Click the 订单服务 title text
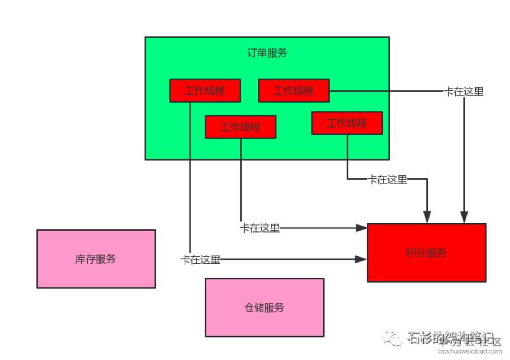tap(267, 53)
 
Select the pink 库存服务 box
tap(96, 258)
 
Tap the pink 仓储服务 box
tap(264, 307)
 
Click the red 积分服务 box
tap(426, 253)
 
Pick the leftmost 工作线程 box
tap(205, 91)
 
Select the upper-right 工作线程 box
tap(293, 91)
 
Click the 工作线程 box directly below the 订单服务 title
tap(240, 127)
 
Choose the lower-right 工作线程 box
tap(347, 123)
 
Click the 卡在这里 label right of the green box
tap(464, 91)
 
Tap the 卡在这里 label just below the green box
tap(388, 179)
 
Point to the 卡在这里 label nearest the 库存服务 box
tap(201, 260)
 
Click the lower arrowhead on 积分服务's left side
tap(362, 259)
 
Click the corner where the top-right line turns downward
tap(465, 91)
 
